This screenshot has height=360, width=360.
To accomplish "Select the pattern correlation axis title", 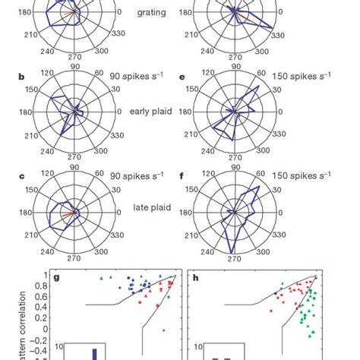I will (11, 319).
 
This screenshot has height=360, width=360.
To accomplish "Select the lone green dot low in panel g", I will (163, 330).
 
